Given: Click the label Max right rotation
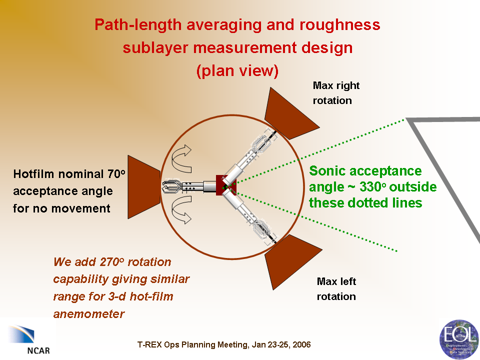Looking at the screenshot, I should click(x=336, y=93).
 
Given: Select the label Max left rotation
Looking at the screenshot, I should click(x=336, y=289).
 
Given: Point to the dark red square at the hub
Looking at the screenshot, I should click(x=223, y=184).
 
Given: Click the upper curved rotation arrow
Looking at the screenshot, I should click(x=184, y=159).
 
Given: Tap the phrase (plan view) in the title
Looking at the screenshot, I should click(x=237, y=71).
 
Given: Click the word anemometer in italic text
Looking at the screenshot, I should click(x=89, y=314).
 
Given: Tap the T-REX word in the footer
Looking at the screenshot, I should click(x=151, y=345).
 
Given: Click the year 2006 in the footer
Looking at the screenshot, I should click(x=300, y=345).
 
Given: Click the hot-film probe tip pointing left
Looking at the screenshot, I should click(x=168, y=187).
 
